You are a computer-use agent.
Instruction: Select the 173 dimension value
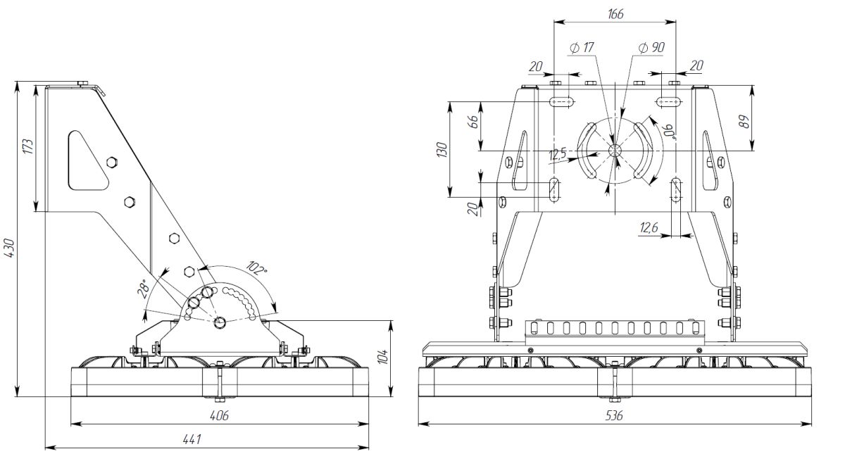pos(27,147)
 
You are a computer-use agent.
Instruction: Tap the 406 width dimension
pos(220,416)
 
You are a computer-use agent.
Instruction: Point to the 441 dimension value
pos(192,439)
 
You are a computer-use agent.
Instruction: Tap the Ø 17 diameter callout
pos(582,48)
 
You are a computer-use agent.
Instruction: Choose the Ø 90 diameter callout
pos(651,48)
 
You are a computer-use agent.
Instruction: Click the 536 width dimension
pos(614,416)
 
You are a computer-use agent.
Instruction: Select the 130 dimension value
pos(442,150)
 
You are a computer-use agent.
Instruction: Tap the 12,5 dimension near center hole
pos(558,155)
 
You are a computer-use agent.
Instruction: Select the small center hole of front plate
pos(615,150)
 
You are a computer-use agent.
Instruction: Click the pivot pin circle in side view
pos(220,322)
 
